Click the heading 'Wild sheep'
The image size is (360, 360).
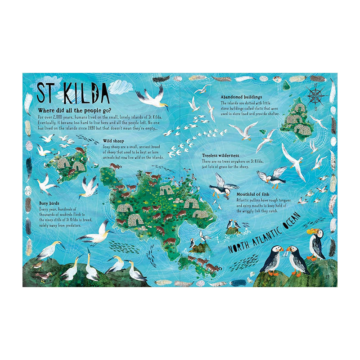pos(114,140)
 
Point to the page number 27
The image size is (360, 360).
pos(328,275)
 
